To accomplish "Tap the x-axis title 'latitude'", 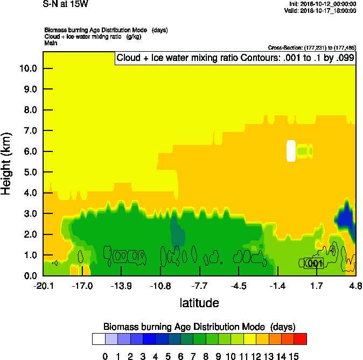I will (199, 303).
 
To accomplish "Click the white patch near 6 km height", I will (291, 151).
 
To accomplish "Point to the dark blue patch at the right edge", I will (345, 218).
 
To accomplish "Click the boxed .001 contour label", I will (313, 263).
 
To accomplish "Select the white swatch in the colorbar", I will (99, 338).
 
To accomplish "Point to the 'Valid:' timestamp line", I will (320, 10).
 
